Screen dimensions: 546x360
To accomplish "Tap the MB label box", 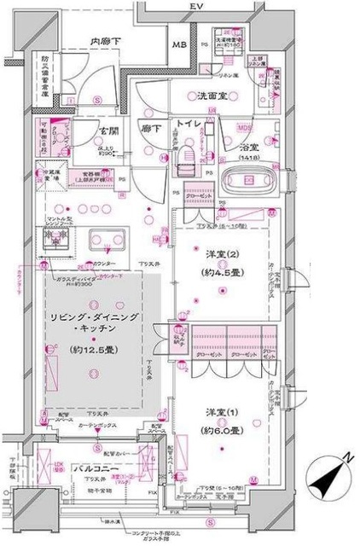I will [181, 45].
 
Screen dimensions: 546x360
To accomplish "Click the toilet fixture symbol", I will [187, 157].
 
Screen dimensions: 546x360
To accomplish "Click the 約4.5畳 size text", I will [217, 274].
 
